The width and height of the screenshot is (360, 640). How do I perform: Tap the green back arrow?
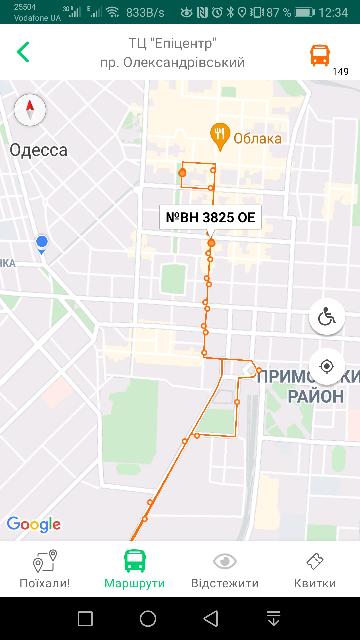pyautogui.click(x=23, y=52)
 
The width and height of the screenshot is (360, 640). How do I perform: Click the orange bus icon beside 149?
pyautogui.click(x=320, y=55)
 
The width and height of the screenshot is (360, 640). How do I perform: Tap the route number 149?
pyautogui.click(x=340, y=71)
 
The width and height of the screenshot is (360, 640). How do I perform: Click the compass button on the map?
pyautogui.click(x=30, y=110)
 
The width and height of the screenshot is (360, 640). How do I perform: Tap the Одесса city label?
pyautogui.click(x=38, y=150)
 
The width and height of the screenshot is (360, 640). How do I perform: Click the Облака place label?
pyautogui.click(x=257, y=139)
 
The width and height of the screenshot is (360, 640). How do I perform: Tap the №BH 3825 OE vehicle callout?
pyautogui.click(x=210, y=217)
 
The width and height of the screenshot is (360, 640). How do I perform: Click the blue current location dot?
pyautogui.click(x=42, y=242)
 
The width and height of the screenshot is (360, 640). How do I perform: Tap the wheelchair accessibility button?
pyautogui.click(x=327, y=316)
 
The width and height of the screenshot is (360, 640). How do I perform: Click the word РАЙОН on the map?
pyautogui.click(x=315, y=396)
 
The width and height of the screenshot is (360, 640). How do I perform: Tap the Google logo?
pyautogui.click(x=34, y=524)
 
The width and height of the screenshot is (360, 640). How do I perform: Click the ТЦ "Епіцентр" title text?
pyautogui.click(x=172, y=43)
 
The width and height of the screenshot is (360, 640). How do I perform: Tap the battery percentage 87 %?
pyautogui.click(x=279, y=13)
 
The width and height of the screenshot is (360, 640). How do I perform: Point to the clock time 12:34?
pyautogui.click(x=333, y=13)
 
